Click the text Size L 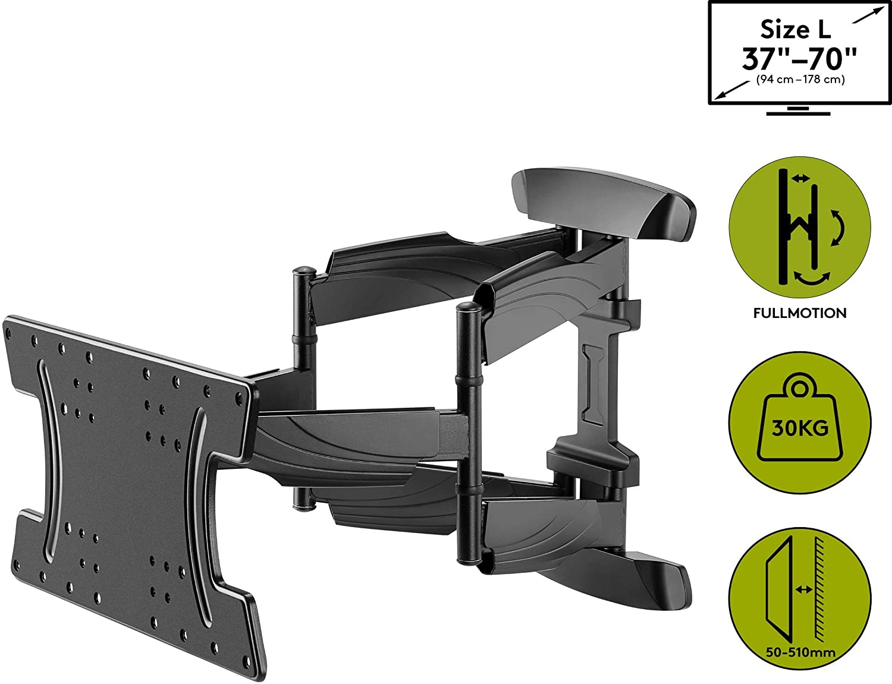(796, 30)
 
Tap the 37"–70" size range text (799, 59)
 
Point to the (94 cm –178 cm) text (800, 80)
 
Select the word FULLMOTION (800, 313)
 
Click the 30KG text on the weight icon (800, 428)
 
